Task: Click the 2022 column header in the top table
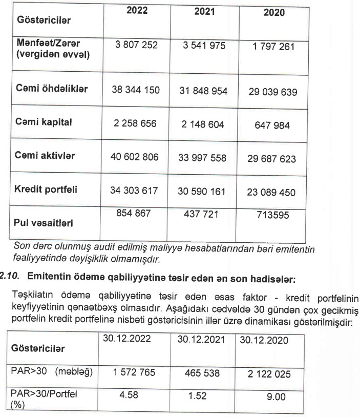(136, 11)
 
